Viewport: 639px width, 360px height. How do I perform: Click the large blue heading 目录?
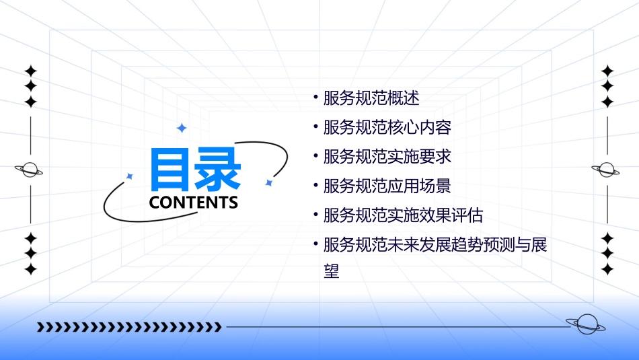click(x=195, y=170)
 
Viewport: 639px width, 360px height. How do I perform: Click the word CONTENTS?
click(x=193, y=203)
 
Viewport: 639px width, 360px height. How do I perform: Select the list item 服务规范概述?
click(x=371, y=98)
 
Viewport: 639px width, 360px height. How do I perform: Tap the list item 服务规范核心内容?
click(x=387, y=127)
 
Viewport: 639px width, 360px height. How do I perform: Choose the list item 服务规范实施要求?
click(x=387, y=157)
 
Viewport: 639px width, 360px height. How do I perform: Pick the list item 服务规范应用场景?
click(x=387, y=186)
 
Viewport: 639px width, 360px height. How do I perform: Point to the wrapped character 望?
click(x=331, y=272)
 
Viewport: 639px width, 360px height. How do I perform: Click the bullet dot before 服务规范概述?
click(x=315, y=98)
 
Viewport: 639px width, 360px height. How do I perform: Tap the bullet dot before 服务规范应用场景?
click(x=315, y=186)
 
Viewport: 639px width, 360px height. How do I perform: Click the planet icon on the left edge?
click(x=30, y=170)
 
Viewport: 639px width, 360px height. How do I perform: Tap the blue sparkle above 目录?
click(x=181, y=128)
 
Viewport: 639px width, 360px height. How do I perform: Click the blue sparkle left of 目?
click(x=130, y=176)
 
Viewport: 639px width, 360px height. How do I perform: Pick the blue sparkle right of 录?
click(x=268, y=182)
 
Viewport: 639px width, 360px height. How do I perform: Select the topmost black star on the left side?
click(x=30, y=70)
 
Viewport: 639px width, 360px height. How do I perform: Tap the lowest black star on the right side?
click(x=607, y=269)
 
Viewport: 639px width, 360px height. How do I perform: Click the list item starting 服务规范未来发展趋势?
click(x=435, y=245)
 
